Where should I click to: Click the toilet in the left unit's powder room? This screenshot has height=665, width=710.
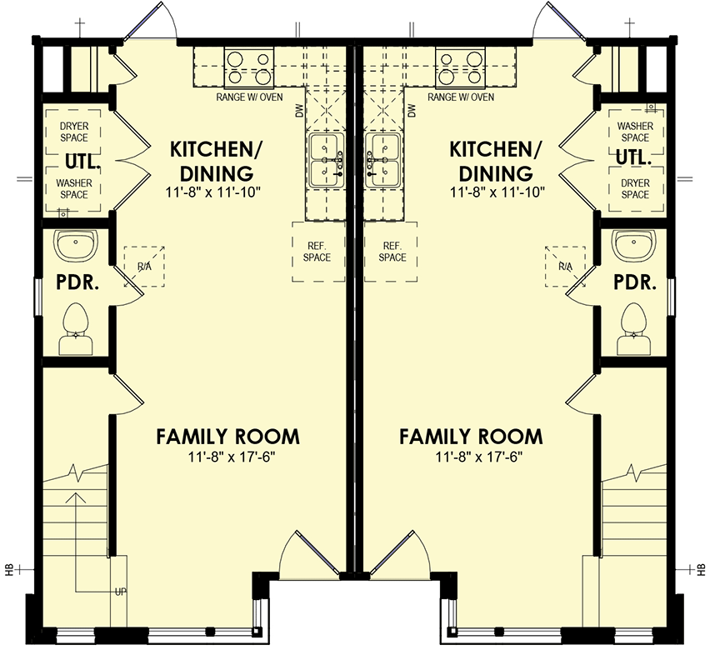[x=76, y=328]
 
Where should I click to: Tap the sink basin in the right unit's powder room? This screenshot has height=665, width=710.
[x=633, y=244]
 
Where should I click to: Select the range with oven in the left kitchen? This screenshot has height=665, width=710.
[x=249, y=67]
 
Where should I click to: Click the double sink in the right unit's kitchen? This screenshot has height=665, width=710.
[x=382, y=160]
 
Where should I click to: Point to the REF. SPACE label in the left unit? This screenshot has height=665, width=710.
[x=317, y=252]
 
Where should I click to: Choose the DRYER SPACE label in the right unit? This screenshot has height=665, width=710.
[x=635, y=189]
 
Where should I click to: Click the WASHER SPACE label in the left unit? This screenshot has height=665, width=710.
[x=74, y=189]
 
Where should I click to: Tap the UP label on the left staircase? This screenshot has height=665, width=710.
[x=121, y=592]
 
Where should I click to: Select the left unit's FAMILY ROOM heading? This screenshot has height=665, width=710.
[x=227, y=437]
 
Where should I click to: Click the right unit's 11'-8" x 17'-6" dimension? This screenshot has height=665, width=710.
[x=479, y=457]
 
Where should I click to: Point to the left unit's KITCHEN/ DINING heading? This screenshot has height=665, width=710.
[x=216, y=161]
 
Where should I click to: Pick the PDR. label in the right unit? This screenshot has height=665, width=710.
[x=635, y=282]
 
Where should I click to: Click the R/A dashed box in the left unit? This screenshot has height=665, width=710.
[x=144, y=267]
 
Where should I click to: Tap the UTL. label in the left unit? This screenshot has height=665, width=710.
[x=82, y=161]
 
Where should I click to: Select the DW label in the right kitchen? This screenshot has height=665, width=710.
[x=412, y=111]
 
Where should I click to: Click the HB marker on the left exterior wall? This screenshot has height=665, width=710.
[x=9, y=569]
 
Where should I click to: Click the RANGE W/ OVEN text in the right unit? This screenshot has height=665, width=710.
[x=461, y=97]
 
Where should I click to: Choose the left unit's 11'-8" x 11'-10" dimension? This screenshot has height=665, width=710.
[x=213, y=192]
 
